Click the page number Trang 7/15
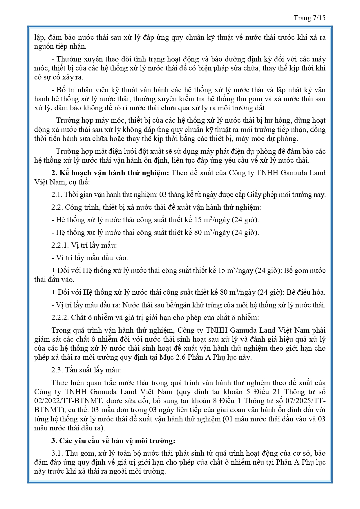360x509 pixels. pos(310,18)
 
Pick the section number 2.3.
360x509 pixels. pos(57,370)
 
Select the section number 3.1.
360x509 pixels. pos(57,453)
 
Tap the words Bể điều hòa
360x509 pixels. pos(306,292)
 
